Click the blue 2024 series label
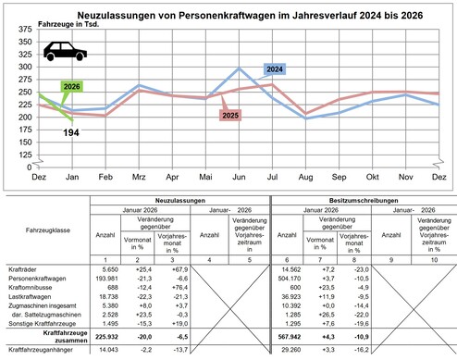pos(275,69)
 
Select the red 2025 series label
pos(231,115)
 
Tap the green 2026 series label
pos(71,87)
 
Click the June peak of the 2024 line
pos(240,68)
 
